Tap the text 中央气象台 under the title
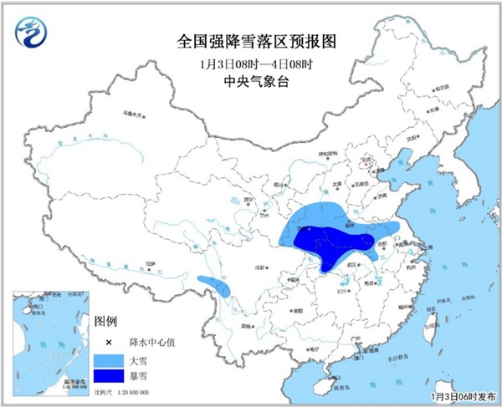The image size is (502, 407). pos(250,81)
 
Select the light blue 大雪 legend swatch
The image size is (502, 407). pos(108,360)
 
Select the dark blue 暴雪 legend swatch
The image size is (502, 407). pos(108,379)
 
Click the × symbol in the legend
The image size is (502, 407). pos(108,343)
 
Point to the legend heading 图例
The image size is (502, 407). pos(106,322)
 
